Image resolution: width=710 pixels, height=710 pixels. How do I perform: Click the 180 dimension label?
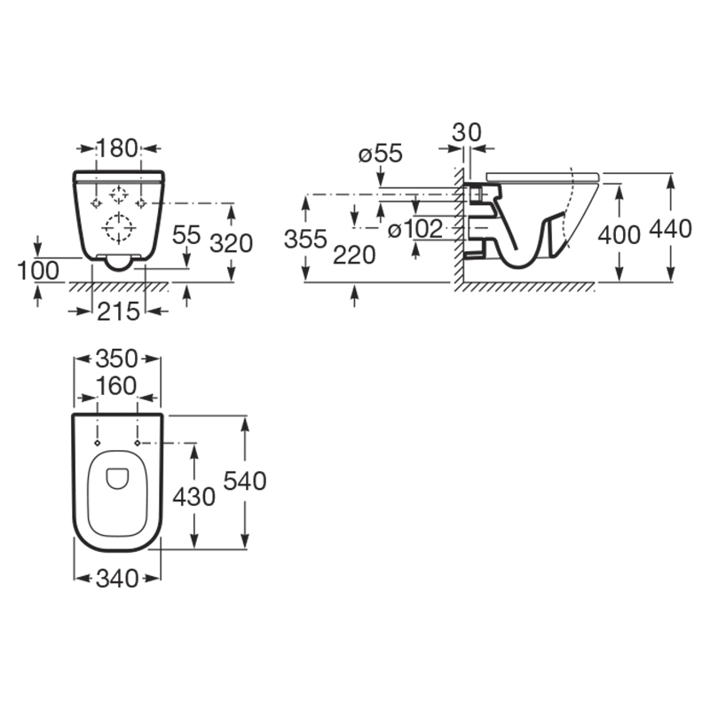point(117,148)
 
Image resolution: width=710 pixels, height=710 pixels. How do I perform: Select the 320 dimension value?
point(232,243)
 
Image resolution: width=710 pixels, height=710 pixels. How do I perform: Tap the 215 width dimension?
point(118,312)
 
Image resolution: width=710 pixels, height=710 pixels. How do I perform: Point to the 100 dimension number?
point(38,271)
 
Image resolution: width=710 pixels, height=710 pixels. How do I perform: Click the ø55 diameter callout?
point(381,154)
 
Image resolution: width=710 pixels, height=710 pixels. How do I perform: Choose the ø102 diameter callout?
point(415,229)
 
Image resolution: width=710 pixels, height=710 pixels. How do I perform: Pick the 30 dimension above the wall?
point(467,132)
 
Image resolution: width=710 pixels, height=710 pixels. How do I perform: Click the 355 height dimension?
point(305,239)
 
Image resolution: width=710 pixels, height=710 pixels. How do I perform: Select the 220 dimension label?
point(354,255)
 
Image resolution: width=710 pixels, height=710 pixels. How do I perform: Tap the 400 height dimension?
point(619,235)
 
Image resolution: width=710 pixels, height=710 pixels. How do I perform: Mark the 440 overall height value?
point(671,229)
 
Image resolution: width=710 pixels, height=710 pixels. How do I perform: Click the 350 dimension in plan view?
point(117,359)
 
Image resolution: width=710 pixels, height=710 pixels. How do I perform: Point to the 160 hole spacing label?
point(116,386)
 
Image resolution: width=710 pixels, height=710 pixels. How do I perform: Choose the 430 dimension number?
point(193,497)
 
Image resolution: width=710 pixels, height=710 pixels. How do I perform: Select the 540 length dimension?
point(245,481)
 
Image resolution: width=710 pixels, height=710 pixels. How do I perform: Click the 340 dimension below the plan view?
point(117,579)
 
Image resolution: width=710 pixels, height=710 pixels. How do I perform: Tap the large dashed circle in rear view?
point(119,228)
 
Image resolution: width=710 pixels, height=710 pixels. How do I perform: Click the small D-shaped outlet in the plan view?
point(117,478)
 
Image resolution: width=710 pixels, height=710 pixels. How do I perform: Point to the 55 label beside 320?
point(186,234)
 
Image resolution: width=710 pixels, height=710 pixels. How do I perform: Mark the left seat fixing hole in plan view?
point(97,442)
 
